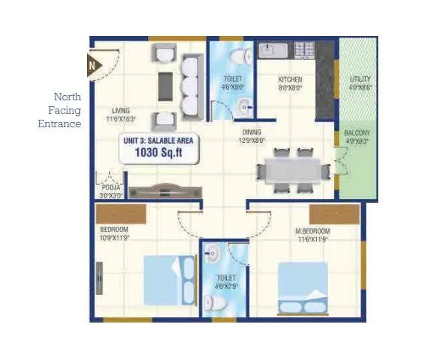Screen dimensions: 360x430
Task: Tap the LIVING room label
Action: [x=121, y=111]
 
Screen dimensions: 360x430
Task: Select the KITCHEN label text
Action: [x=290, y=79]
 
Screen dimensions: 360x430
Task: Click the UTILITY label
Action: [x=360, y=79]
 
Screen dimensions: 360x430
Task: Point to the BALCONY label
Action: [x=357, y=133]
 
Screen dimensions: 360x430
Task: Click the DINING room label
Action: [x=251, y=131]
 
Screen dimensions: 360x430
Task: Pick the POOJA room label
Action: [x=112, y=187]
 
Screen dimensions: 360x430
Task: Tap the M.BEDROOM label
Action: [x=312, y=231]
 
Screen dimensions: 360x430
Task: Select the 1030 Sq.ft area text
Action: [x=158, y=153]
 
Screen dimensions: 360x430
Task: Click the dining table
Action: [x=292, y=171]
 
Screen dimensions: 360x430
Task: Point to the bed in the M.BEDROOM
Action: [x=302, y=289]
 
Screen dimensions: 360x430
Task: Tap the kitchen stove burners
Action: [x=303, y=50]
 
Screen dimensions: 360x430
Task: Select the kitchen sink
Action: [x=269, y=50]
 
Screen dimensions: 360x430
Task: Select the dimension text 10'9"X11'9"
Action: [x=115, y=238]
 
